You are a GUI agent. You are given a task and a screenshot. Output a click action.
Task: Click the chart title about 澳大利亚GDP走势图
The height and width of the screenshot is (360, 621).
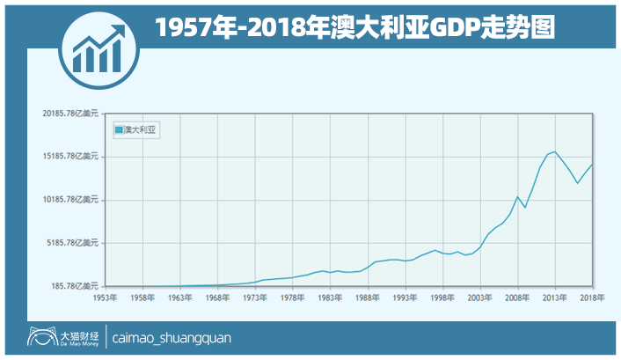click(x=355, y=26)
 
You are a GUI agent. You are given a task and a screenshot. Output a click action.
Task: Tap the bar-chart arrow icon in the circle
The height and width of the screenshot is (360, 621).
click(x=99, y=47)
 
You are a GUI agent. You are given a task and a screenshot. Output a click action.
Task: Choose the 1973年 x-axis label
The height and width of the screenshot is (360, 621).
click(x=255, y=298)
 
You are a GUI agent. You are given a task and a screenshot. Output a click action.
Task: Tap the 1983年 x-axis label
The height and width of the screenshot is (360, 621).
click(x=330, y=298)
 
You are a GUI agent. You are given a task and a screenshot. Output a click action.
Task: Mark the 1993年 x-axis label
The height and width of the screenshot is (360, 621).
click(x=405, y=298)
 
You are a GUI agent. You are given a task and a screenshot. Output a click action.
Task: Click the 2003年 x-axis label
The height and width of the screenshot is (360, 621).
click(x=479, y=298)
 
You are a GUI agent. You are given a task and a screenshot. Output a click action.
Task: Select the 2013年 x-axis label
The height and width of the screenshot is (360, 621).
click(x=554, y=298)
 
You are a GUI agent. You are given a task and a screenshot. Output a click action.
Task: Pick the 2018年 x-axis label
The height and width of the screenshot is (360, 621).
click(x=591, y=298)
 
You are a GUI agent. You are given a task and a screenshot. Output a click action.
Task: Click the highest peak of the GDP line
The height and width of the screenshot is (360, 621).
click(x=555, y=151)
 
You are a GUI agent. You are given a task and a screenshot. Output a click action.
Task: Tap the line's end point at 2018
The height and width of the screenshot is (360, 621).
click(x=592, y=165)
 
